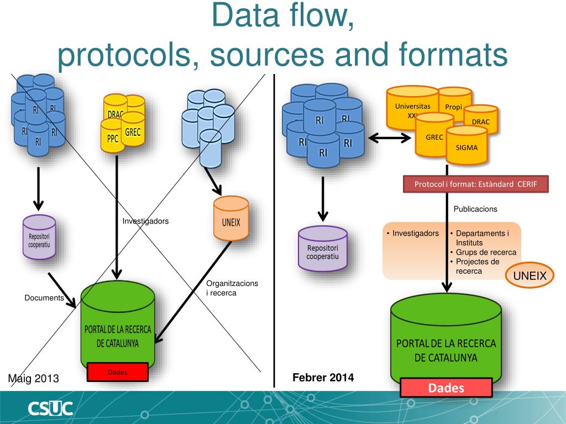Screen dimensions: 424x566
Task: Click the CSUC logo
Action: coord(50,409)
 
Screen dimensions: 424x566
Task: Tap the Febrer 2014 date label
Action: coord(323,378)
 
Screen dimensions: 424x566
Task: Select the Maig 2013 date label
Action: coord(33,379)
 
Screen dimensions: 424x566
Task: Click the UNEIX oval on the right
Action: coord(530,275)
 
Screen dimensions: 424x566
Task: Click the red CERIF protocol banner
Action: coord(475,184)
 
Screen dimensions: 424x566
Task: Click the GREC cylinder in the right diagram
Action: coord(434,137)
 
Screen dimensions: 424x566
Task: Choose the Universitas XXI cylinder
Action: coord(412,108)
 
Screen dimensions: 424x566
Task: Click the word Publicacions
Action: coord(475,209)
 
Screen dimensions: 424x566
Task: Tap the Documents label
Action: coord(44,298)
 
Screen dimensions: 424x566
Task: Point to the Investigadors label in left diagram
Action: coord(145,221)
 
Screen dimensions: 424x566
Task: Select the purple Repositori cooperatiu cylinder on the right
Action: coord(323,250)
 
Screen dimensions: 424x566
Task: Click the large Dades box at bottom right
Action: coord(446,388)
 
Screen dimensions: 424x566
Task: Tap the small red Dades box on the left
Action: coord(117,372)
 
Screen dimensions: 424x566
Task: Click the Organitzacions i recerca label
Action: coord(232,288)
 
